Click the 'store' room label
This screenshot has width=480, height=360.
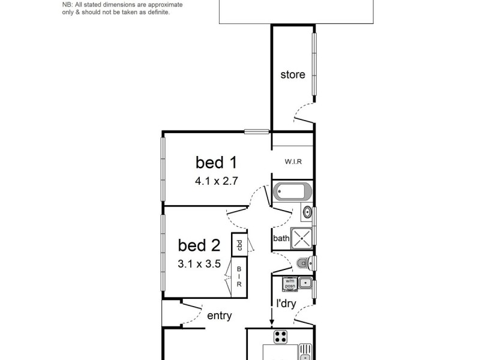point(293,75)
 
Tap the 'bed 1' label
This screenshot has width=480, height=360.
point(217,162)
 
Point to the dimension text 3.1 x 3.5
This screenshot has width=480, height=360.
point(200,263)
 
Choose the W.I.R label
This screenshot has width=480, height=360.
point(293,162)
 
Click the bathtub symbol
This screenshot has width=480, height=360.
point(292,193)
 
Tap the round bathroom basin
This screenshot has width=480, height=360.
point(307,211)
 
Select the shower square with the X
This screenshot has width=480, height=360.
point(302,238)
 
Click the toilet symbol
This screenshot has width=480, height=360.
point(304,263)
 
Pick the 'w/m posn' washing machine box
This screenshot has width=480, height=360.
point(290,283)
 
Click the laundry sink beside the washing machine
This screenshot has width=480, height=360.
point(305,283)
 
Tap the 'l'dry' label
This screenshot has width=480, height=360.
point(286,304)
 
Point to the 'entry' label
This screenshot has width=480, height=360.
point(219,316)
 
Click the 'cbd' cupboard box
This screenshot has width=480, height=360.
point(239,245)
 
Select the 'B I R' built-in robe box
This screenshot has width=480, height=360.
point(239,277)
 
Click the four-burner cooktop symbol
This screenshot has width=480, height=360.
point(280,336)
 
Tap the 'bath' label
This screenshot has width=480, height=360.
point(281,239)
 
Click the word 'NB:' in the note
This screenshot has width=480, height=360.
point(68,5)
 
